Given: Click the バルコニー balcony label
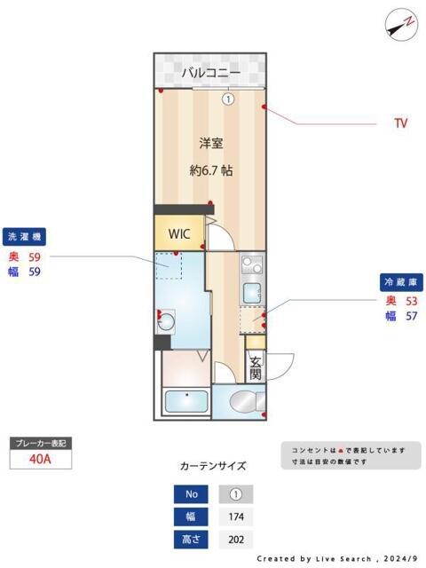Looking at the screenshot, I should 211,73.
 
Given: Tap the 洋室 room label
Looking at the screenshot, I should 210,142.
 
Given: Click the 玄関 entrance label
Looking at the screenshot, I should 256,367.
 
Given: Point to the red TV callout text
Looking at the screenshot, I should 400,123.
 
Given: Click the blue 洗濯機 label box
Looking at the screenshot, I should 25,237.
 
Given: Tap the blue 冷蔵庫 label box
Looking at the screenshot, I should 400,281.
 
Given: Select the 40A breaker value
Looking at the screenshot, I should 40,459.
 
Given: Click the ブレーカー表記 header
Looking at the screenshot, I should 40,442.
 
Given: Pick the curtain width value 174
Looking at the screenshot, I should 236,517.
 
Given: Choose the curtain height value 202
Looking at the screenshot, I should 236,539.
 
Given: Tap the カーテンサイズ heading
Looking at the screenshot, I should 213,466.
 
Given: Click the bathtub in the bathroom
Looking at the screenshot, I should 185,403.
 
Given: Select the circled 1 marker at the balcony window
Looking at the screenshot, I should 228,99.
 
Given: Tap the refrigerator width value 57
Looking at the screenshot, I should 410,315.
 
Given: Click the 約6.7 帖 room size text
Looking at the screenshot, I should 211,170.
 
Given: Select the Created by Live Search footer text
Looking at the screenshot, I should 336,559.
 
